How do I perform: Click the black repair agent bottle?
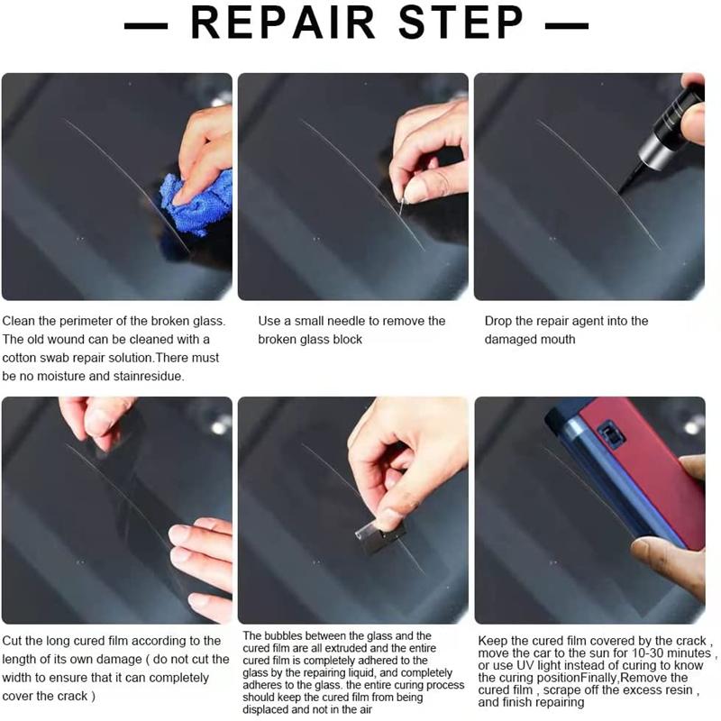(x=662, y=133)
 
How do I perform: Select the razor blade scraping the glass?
(x=380, y=534)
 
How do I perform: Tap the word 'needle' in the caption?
(x=349, y=321)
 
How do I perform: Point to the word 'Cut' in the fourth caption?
(x=12, y=641)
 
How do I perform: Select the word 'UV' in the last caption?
(x=525, y=666)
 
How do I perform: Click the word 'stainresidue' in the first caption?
(x=147, y=377)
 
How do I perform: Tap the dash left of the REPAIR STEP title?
(x=146, y=25)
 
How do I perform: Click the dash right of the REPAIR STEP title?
(x=567, y=25)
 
